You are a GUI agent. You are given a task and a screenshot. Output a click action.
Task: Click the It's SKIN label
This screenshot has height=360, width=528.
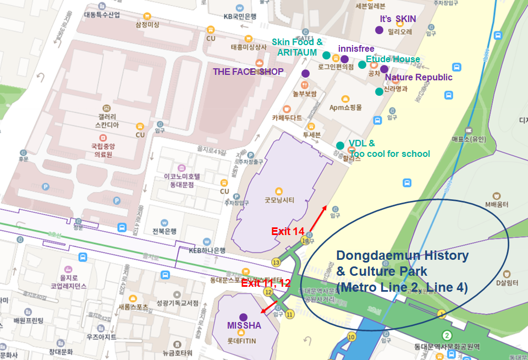pos(398,19)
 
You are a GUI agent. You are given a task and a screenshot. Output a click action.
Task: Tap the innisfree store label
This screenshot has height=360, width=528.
pos(356,49)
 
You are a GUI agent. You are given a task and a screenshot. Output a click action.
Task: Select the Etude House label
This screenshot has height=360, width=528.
pos(393,59)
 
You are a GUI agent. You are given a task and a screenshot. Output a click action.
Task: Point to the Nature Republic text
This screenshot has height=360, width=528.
pos(419,77)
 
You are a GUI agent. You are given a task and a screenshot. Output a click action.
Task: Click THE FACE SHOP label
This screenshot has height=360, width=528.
pos(248,72)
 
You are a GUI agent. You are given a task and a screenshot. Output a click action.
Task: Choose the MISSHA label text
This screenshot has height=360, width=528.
pos(244,326)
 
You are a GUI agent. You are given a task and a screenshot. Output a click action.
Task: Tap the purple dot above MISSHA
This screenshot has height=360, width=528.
pos(244,317)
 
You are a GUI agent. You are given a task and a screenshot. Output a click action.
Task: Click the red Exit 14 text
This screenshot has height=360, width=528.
pos(288,231)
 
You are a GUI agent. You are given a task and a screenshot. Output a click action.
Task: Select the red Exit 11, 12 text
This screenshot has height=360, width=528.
pos(266,283)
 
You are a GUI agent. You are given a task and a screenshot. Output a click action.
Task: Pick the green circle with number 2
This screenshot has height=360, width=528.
pos(447,335)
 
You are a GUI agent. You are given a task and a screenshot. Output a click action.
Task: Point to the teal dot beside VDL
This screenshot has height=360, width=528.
pos(340,145)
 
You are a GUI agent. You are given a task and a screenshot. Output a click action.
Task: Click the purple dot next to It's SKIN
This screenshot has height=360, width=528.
pos(379,29)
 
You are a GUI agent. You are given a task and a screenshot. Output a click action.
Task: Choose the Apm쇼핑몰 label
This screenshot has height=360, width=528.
pos(345,107)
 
